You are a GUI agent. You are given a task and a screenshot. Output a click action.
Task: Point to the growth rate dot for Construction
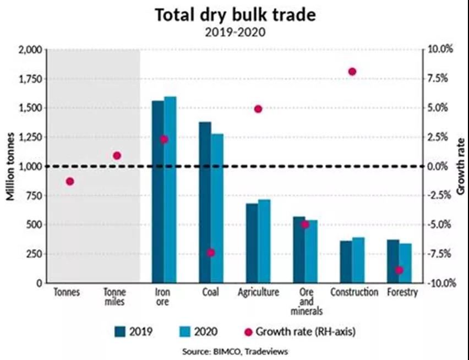pyautogui.click(x=352, y=72)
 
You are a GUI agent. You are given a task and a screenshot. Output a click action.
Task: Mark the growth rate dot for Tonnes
pyautogui.click(x=70, y=181)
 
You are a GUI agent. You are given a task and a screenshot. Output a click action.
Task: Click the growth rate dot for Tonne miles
pyautogui.click(x=117, y=156)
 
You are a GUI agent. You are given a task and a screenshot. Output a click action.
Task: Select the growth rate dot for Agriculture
pyautogui.click(x=258, y=109)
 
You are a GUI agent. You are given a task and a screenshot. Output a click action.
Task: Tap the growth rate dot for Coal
pyautogui.click(x=211, y=253)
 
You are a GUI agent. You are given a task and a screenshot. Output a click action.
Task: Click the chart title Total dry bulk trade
pyautogui.click(x=235, y=15)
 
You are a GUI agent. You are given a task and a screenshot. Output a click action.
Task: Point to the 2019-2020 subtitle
pyautogui.click(x=235, y=32)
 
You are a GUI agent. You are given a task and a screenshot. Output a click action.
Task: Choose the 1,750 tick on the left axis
pyautogui.click(x=29, y=79)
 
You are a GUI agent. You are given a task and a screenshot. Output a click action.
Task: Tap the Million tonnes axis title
pyautogui.click(x=10, y=166)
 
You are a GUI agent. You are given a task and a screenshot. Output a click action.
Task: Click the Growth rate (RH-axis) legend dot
pyautogui.click(x=248, y=331)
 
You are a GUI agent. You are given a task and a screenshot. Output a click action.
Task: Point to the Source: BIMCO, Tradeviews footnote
pyautogui.click(x=235, y=351)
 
